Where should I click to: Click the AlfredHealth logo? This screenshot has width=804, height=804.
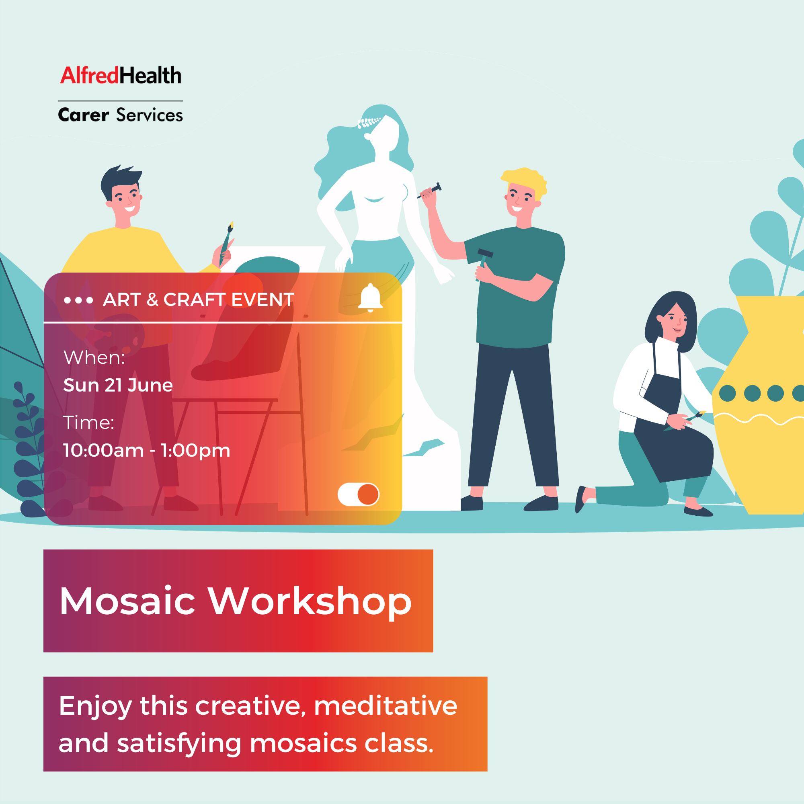click(x=121, y=75)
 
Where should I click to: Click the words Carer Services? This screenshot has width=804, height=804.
click(x=121, y=115)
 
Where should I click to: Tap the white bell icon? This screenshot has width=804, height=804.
click(x=370, y=298)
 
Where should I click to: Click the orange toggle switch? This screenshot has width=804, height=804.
click(x=358, y=494)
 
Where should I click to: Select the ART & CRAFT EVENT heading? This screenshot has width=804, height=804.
click(x=199, y=299)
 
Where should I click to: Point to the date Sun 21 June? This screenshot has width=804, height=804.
click(x=118, y=386)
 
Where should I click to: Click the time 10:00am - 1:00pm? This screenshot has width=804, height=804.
click(x=146, y=450)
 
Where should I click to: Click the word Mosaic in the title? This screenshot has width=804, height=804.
click(x=127, y=601)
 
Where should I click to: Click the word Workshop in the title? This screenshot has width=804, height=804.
click(x=310, y=602)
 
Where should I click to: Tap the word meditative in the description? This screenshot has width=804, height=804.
click(x=386, y=706)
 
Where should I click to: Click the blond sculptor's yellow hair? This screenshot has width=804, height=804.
click(x=524, y=180)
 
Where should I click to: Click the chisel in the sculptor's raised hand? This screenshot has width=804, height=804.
click(x=431, y=190)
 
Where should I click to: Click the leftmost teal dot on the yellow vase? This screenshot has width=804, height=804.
click(x=728, y=393)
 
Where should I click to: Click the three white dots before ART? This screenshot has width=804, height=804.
click(x=78, y=300)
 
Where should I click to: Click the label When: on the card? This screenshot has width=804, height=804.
click(x=94, y=357)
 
